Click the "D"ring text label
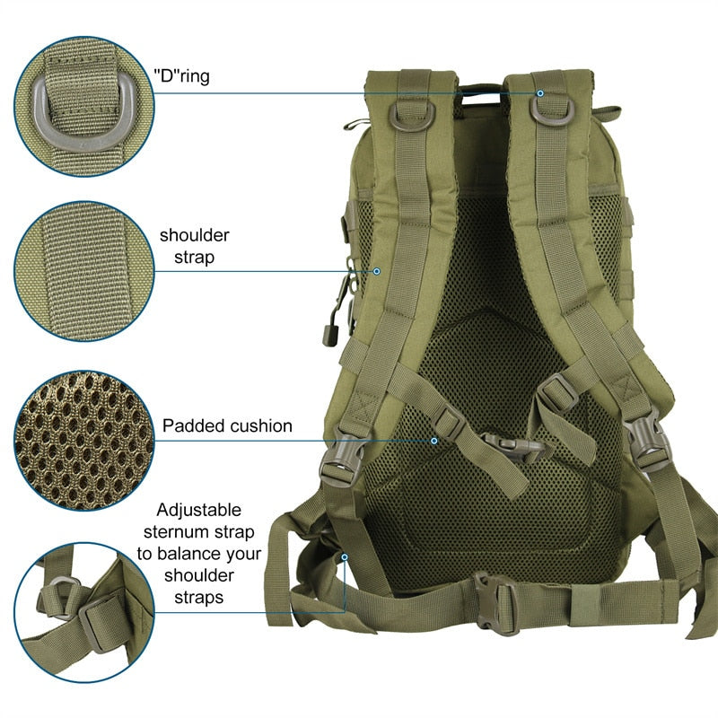[182, 76]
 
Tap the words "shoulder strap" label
[195, 246]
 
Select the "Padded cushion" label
[227, 425]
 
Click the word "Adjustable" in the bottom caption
[198, 510]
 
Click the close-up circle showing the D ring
[84, 107]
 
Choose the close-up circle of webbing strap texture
[84, 271]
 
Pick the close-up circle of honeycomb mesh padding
[84, 441]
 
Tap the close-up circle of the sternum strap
[84, 612]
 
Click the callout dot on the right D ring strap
[540, 93]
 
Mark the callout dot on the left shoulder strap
[376, 272]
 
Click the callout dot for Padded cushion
[433, 441]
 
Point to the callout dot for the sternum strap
[345, 557]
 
